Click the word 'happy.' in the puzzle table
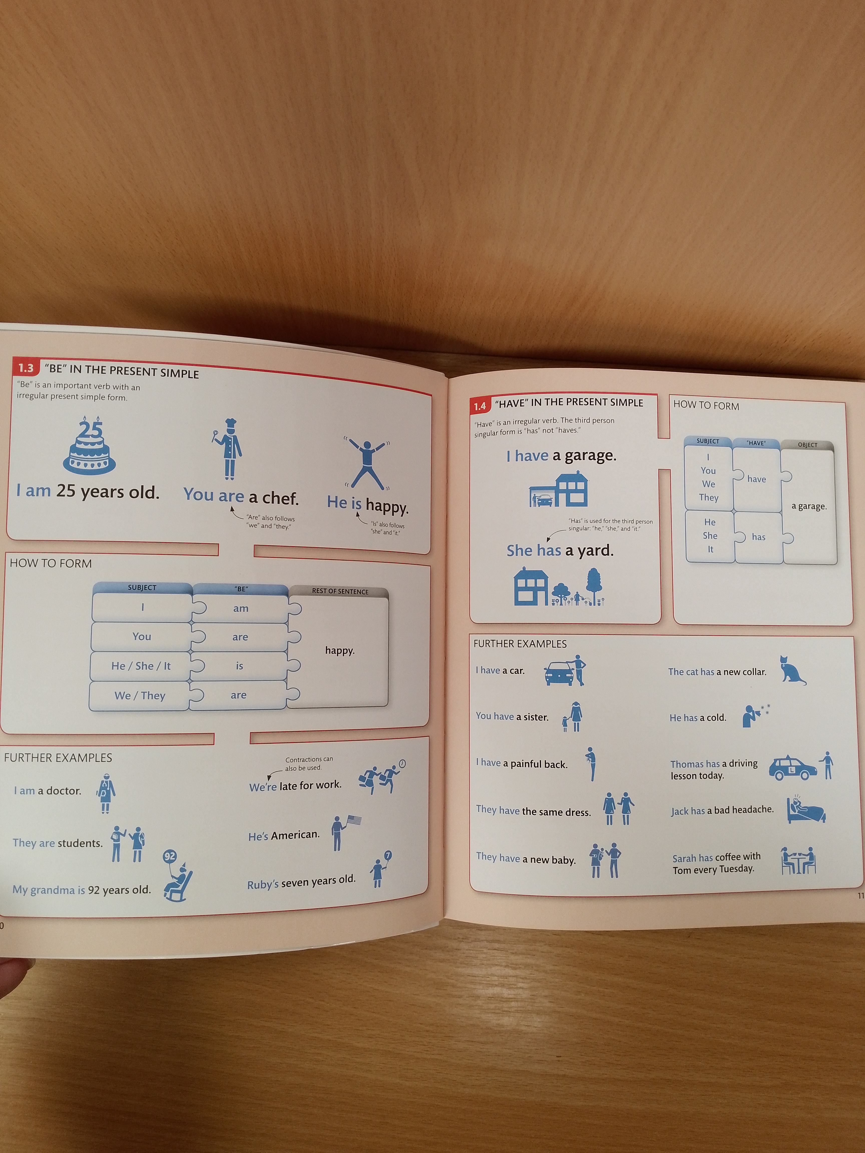coord(339,651)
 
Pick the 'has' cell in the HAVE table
coord(759,537)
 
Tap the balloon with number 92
coord(170,856)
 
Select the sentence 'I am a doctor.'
coord(48,791)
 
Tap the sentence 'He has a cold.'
coord(698,718)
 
